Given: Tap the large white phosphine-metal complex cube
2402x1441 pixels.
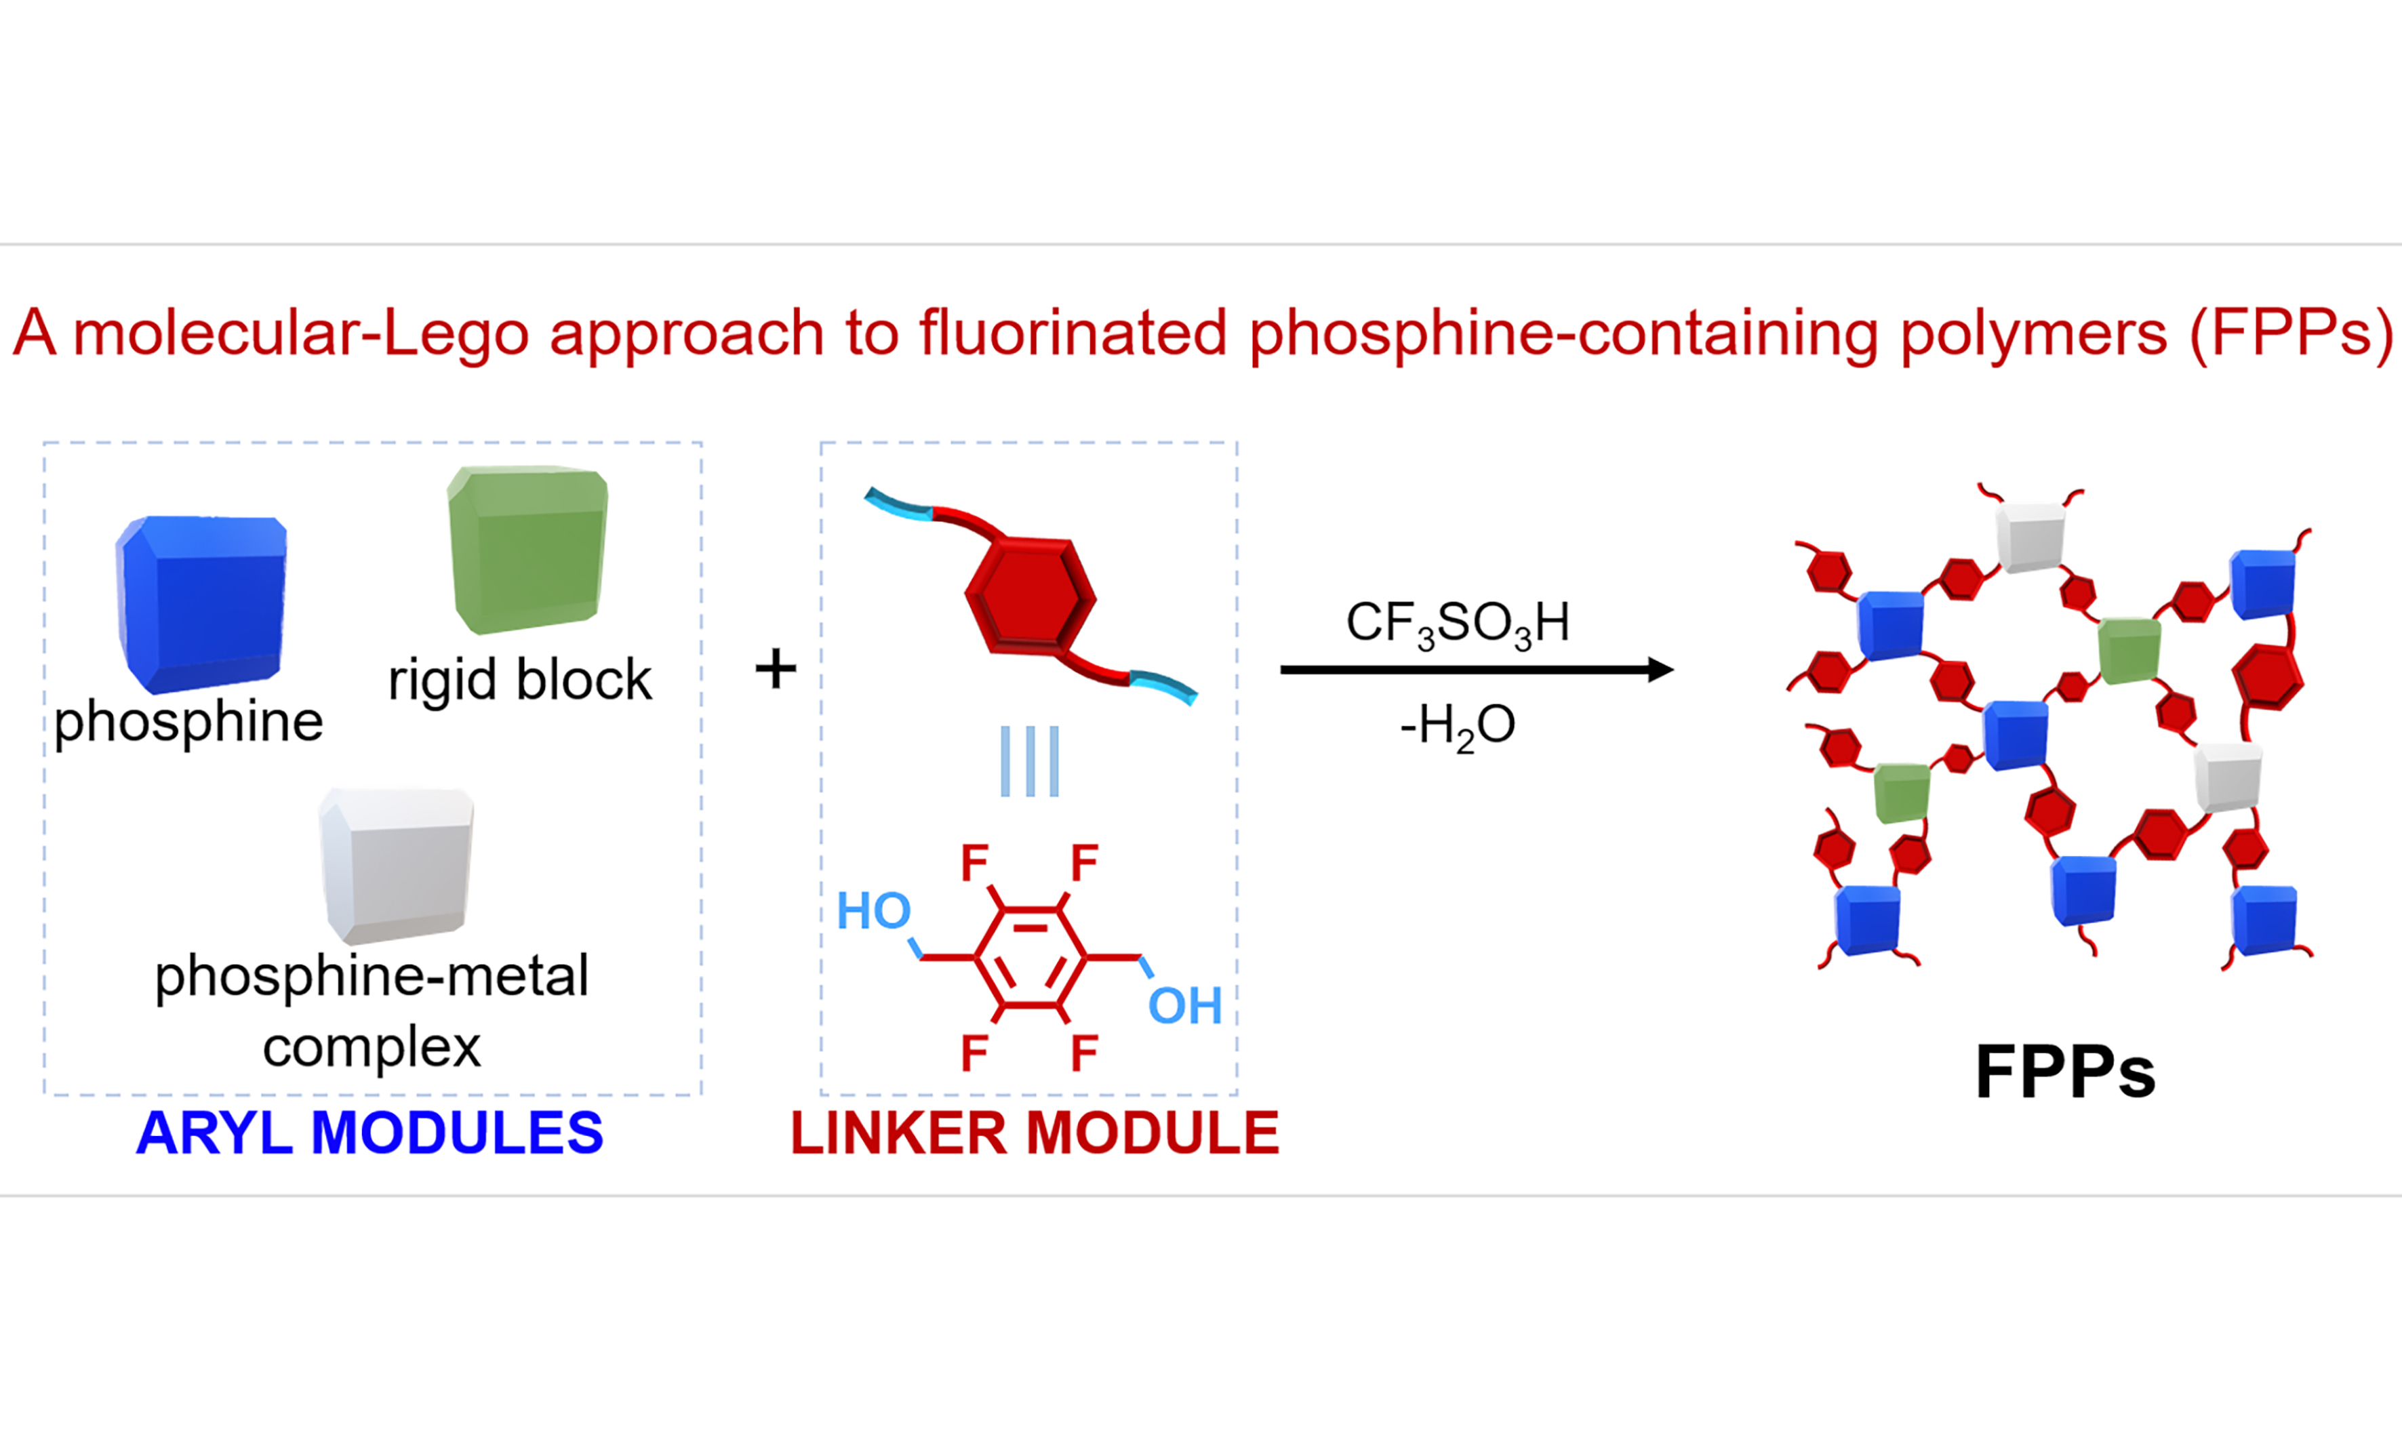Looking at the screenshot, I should point(397,865).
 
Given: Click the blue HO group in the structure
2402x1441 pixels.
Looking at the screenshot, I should point(873,911).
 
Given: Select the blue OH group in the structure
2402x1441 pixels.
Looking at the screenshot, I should point(1184,1006).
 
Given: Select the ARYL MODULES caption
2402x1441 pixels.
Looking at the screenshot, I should point(370,1132).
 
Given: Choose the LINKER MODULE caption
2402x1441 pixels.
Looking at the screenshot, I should point(1035,1132).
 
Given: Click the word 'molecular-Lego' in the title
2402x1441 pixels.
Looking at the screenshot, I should point(302,333).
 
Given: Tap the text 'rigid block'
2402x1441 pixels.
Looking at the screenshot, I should point(519,680).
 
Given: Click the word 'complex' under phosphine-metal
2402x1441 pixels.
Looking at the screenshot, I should point(372,1047).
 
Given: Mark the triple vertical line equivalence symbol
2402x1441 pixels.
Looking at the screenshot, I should point(1030,761).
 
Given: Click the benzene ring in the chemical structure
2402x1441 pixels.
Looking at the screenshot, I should point(1030,958).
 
